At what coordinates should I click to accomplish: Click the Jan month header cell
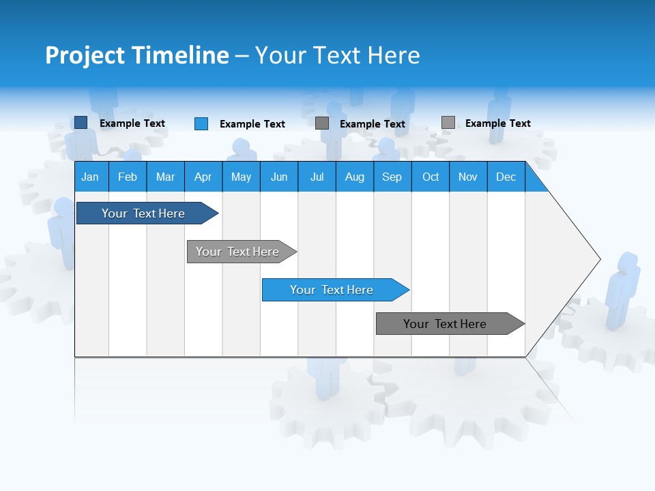91,177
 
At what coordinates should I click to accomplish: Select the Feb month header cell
128,177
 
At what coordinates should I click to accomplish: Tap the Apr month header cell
203,177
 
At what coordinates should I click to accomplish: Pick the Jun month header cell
279,177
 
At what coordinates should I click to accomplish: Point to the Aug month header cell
355,177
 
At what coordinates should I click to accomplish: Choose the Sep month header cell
392,177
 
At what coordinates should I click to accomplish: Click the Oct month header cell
431,177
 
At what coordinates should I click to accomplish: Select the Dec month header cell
506,177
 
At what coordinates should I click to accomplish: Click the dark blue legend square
81,123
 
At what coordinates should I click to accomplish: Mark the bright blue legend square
201,123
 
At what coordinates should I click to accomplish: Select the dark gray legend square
322,123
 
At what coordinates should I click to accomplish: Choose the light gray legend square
448,123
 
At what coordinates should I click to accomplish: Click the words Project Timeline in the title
137,55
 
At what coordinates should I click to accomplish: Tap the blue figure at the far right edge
622,290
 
